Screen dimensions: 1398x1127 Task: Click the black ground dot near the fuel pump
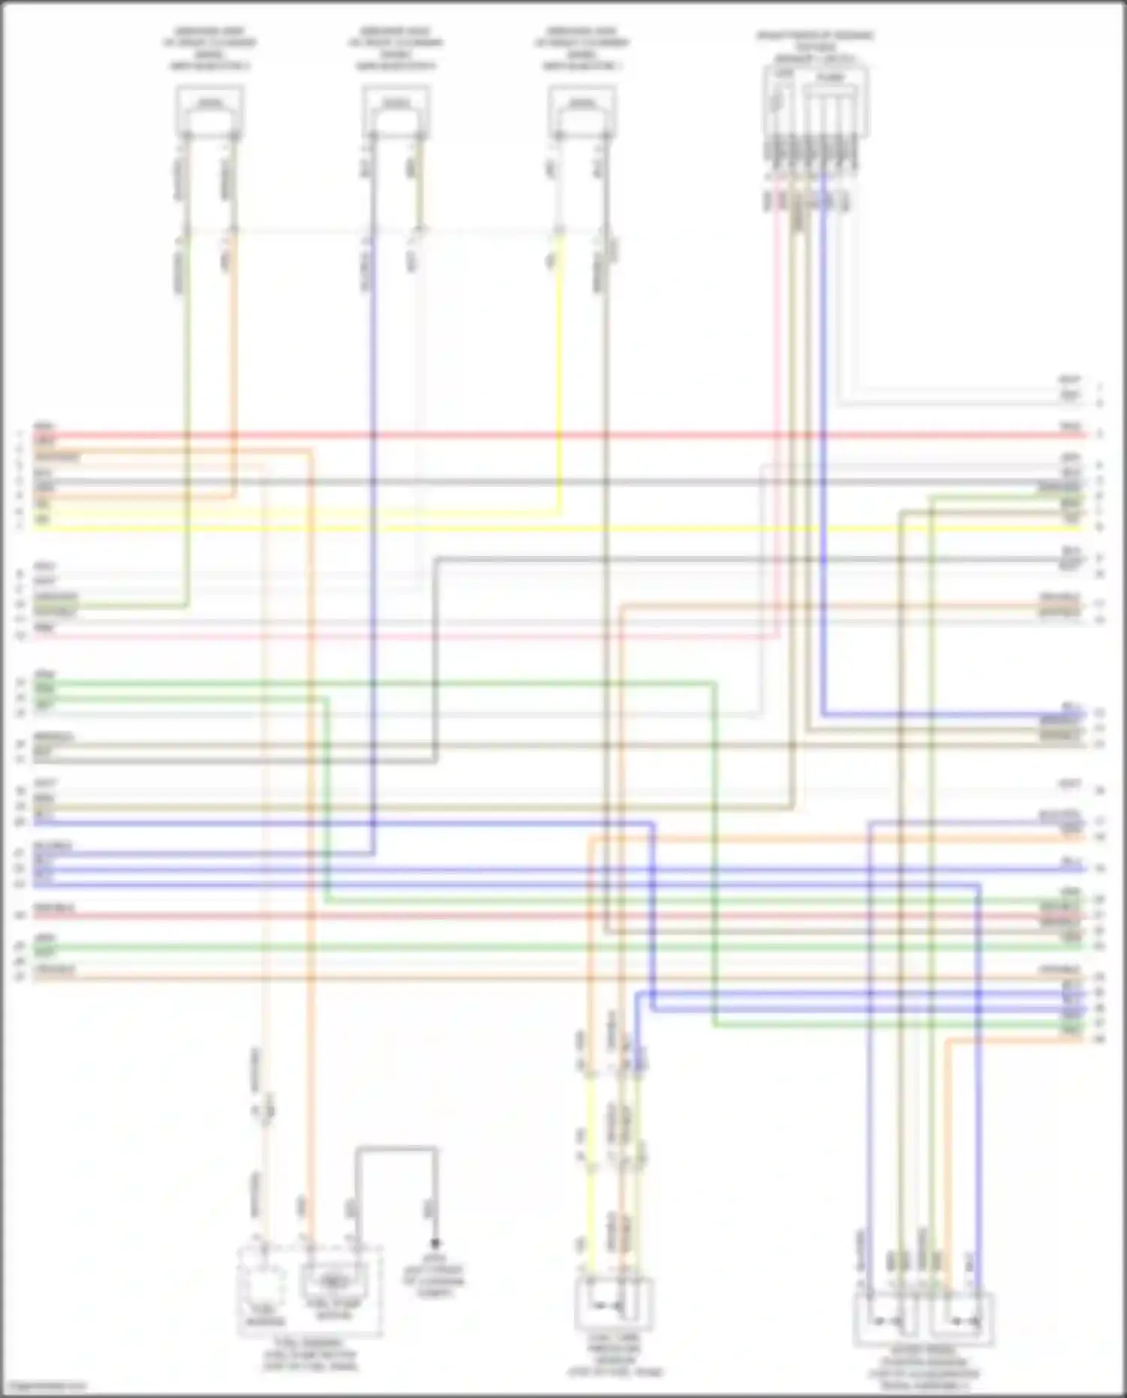tap(435, 1244)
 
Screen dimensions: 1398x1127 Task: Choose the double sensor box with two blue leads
tap(923, 1319)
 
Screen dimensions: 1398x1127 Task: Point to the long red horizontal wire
tap(556, 435)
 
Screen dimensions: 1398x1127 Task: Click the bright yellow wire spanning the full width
tap(556, 528)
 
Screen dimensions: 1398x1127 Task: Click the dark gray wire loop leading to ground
tap(396, 1148)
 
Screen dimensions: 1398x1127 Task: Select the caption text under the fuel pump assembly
tap(310, 1354)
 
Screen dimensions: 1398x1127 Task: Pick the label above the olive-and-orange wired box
tap(210, 49)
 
